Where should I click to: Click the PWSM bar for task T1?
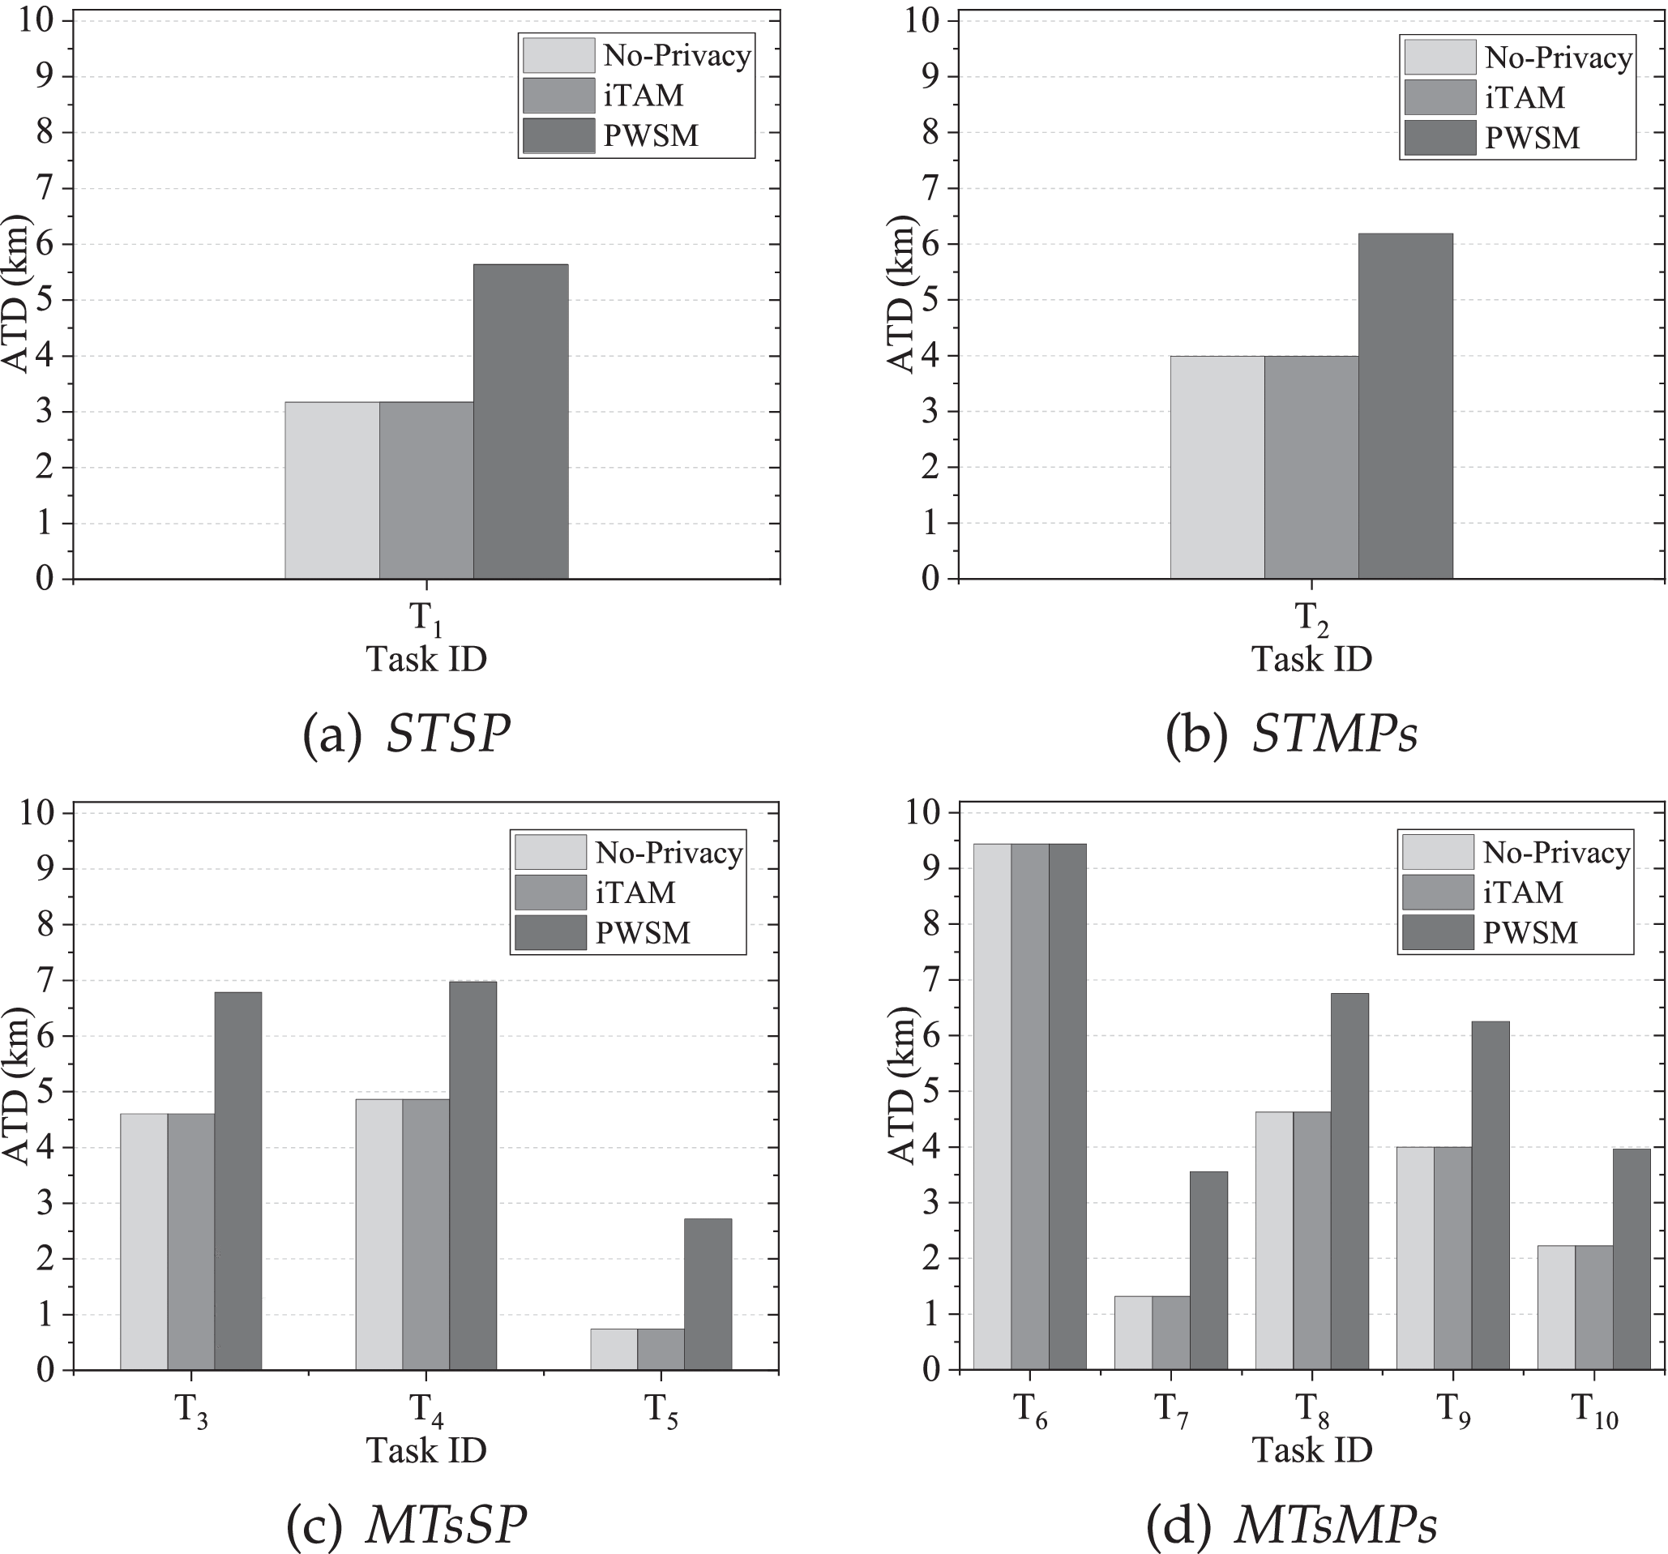(520, 422)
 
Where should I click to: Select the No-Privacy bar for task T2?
(1217, 468)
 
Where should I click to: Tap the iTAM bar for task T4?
(426, 1235)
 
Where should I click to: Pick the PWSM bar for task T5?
(708, 1294)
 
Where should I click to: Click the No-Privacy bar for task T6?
(992, 1107)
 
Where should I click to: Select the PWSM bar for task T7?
(1208, 1270)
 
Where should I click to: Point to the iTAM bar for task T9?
(1452, 1259)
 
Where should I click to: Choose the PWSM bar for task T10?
(1631, 1260)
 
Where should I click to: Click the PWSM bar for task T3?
(237, 1180)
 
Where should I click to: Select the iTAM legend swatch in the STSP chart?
(558, 96)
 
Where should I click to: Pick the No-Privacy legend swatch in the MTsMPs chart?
(1437, 852)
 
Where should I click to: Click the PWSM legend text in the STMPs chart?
(1532, 139)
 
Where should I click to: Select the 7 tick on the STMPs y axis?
(926, 189)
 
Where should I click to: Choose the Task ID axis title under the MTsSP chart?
(426, 1451)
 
